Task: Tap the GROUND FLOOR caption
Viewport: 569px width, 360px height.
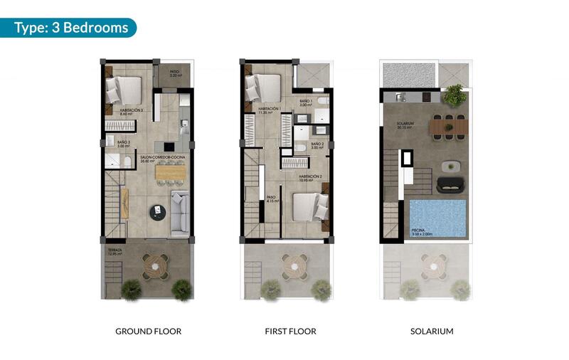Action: [x=148, y=332]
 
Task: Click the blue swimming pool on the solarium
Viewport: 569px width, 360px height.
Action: [x=438, y=218]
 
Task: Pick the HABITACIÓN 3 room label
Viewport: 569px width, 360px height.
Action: [x=132, y=110]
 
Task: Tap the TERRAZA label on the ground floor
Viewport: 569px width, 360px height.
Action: [x=115, y=251]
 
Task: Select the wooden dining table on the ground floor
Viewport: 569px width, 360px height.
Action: [x=169, y=171]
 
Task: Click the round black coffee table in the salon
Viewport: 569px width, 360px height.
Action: [x=157, y=211]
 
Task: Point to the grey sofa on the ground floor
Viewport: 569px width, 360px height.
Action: [x=180, y=211]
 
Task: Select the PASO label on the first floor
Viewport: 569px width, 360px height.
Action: [x=271, y=198]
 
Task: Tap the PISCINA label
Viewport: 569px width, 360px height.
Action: [x=419, y=231]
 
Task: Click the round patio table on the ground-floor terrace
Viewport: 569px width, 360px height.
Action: [x=156, y=265]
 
